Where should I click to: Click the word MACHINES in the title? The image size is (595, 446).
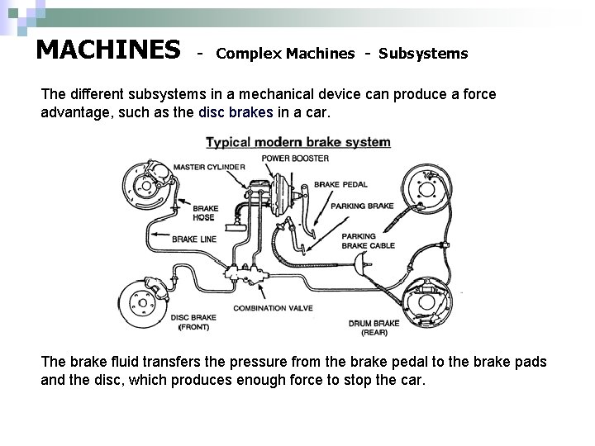pos(108,50)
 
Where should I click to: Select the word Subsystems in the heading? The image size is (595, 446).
pos(423,55)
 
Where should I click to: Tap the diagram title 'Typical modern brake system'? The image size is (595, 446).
pos(297,142)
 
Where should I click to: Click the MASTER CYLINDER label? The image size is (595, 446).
pos(209,167)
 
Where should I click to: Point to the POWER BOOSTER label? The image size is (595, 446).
pos(296,158)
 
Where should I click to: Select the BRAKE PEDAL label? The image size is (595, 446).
pos(340,184)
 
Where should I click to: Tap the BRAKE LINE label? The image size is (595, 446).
pos(195,239)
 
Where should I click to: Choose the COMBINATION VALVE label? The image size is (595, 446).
pos(273,308)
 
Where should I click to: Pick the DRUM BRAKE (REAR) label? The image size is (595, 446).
pos(374,328)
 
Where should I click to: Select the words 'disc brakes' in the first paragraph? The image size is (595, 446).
pos(236,113)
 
